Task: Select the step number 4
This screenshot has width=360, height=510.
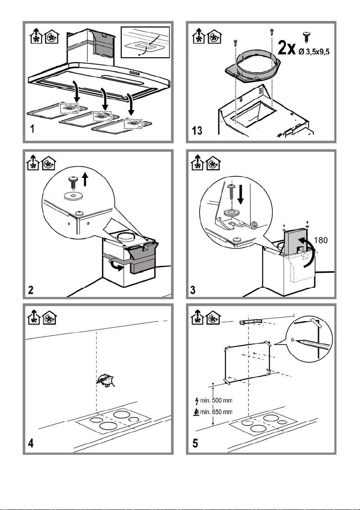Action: click(x=30, y=444)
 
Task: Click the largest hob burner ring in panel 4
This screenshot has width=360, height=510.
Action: click(x=122, y=415)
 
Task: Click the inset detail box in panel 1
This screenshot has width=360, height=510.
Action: click(x=145, y=42)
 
